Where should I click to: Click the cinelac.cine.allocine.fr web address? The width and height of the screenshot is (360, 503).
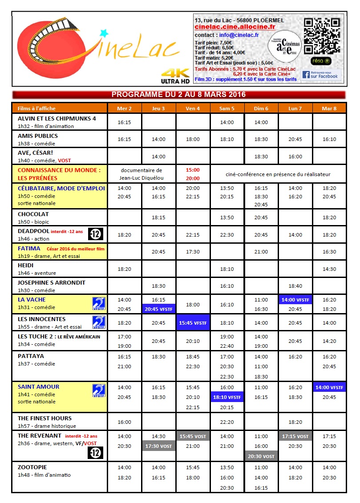click(235, 27)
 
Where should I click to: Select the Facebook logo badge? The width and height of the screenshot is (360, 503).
click(321, 74)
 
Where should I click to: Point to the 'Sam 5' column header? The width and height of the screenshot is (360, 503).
click(227, 108)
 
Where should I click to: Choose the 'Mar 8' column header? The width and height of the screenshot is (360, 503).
click(329, 108)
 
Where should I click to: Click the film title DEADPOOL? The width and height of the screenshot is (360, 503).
click(33, 231)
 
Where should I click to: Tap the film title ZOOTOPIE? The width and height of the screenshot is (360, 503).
click(32, 467)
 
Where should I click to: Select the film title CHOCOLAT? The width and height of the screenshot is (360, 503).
click(33, 214)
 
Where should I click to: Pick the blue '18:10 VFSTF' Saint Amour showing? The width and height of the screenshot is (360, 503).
click(227, 397)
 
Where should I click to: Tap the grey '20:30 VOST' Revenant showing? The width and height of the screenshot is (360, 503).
click(261, 456)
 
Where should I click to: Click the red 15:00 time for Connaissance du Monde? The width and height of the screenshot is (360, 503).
click(193, 170)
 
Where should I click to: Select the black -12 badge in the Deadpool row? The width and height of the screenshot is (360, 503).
click(96, 234)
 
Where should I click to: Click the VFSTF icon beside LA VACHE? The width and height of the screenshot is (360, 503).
click(98, 303)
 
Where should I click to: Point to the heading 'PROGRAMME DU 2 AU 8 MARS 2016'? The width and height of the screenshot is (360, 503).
click(178, 95)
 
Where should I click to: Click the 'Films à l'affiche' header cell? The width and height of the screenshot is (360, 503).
click(37, 108)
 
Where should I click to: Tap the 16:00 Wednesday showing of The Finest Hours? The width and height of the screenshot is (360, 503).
click(124, 422)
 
